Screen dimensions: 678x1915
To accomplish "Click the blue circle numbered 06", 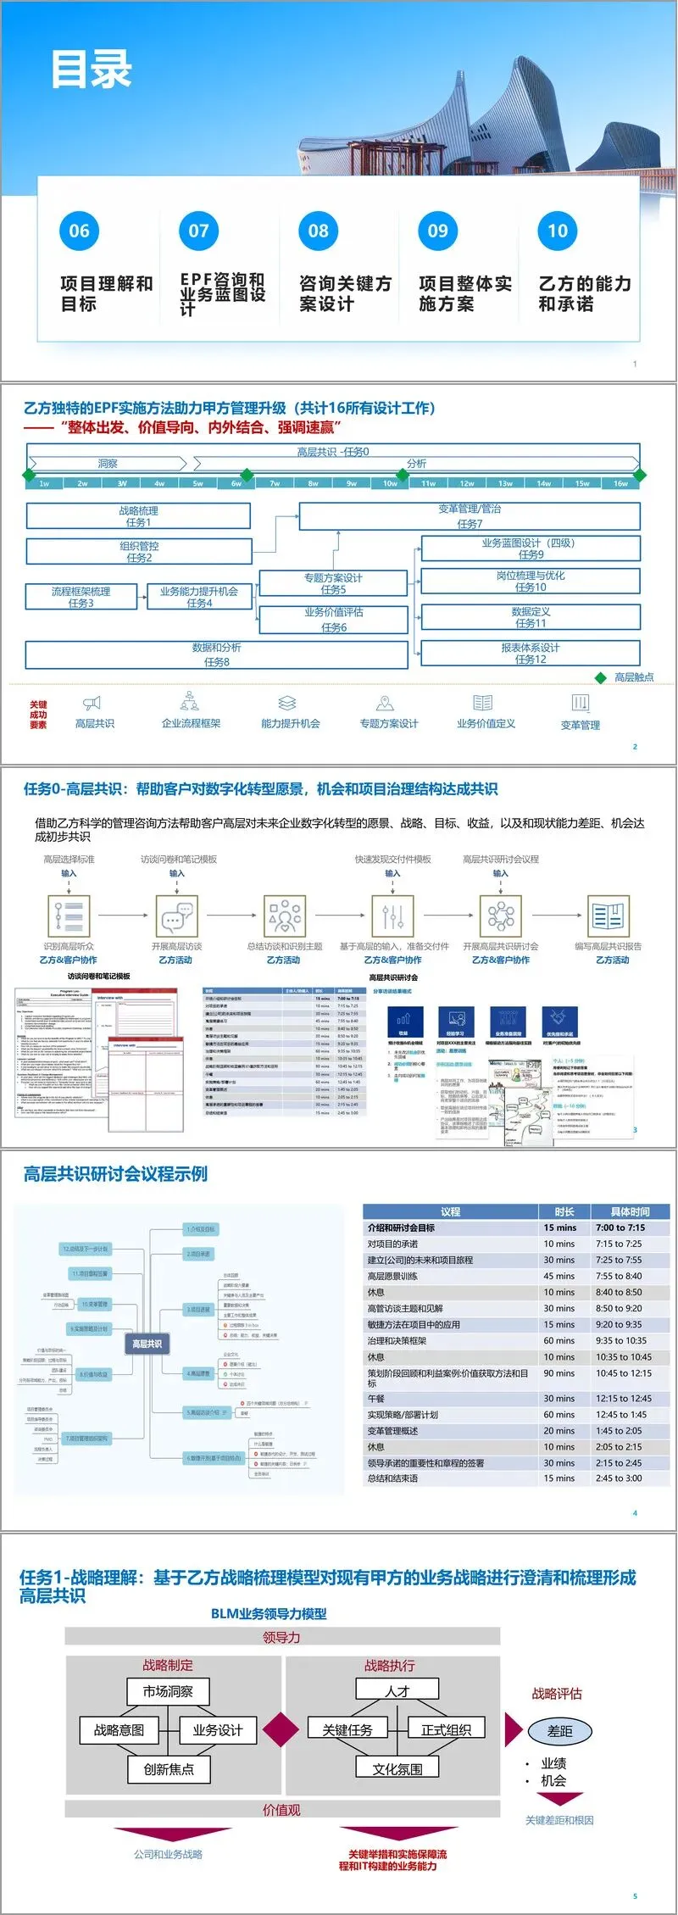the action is (x=79, y=231).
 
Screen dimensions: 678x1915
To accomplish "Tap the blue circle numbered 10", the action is (x=558, y=231).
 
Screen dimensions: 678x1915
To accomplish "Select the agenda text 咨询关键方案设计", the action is (x=345, y=293).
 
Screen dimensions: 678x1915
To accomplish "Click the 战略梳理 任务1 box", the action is (x=138, y=516).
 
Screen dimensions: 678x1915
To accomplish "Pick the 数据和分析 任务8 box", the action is (x=216, y=654).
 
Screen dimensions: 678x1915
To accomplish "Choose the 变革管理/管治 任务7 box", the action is (x=470, y=515).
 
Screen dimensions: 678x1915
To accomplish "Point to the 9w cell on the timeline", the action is (x=352, y=483).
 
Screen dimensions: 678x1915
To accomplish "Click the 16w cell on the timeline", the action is (x=620, y=483).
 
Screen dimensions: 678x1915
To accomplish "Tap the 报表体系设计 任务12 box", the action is (x=531, y=653).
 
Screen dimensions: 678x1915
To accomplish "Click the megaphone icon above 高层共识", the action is (x=92, y=703).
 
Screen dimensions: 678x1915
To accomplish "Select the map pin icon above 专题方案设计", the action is (x=386, y=703).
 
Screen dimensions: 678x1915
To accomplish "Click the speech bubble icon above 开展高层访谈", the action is (x=176, y=916).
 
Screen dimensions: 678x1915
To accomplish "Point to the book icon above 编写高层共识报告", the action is (x=608, y=916).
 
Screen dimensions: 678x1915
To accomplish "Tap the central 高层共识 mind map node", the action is (x=147, y=1344).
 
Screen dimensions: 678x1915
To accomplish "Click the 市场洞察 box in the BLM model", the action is (x=168, y=1691).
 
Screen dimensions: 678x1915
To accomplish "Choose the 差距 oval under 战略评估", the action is (x=559, y=1731).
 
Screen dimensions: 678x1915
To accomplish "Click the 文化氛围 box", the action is (x=397, y=1769).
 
